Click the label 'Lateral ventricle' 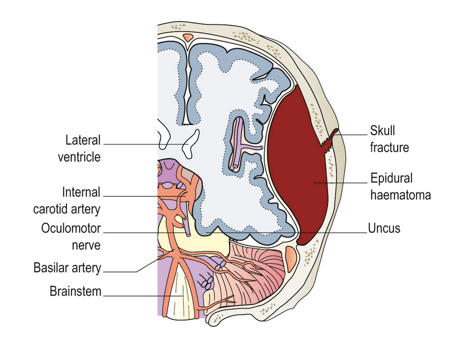click(83, 149)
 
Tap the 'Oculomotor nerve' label click(71, 237)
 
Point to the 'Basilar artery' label click(67, 268)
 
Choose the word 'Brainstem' click(75, 291)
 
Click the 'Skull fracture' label click(389, 139)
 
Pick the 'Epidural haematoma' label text click(400, 187)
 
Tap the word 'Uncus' click(384, 228)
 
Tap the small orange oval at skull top click(187, 37)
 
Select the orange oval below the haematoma click(291, 257)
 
